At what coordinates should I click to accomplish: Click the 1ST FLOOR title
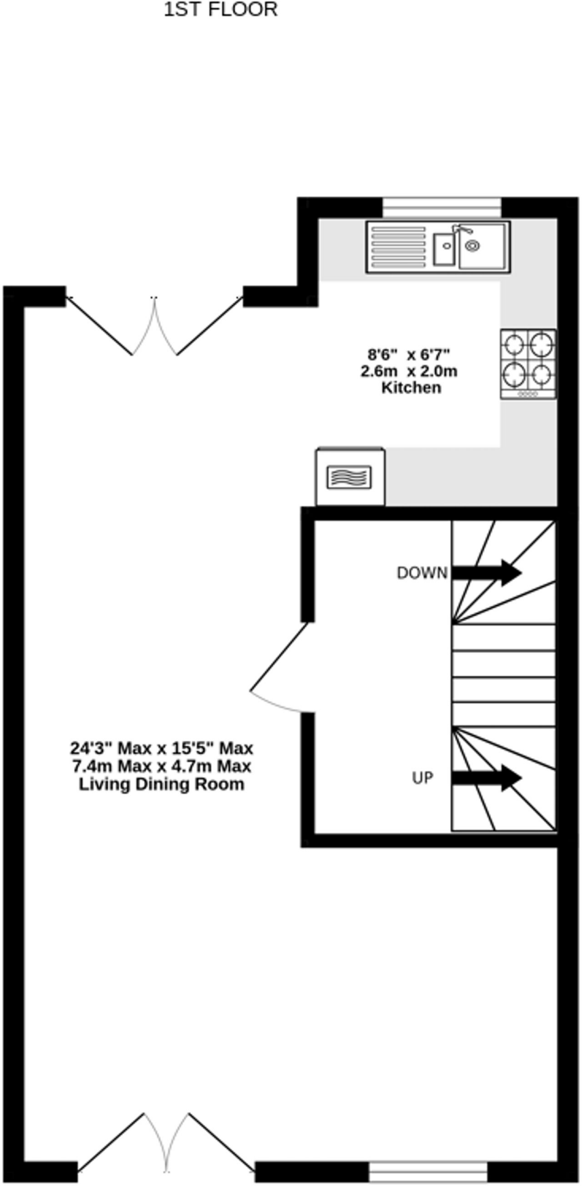(221, 10)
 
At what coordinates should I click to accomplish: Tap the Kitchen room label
(411, 387)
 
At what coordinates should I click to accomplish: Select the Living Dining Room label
(162, 784)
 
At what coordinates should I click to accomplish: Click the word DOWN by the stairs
(422, 573)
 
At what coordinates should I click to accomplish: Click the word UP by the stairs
(422, 777)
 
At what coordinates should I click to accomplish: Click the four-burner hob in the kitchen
(528, 364)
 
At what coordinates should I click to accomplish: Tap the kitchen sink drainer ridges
(398, 247)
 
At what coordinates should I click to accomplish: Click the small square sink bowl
(444, 250)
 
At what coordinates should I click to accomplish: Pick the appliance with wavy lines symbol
(349, 477)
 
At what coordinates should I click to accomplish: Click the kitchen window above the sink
(442, 207)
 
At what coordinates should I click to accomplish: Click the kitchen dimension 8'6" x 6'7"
(409, 353)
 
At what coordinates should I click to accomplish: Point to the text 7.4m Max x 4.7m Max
(162, 766)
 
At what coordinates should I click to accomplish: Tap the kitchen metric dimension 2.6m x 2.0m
(409, 371)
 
